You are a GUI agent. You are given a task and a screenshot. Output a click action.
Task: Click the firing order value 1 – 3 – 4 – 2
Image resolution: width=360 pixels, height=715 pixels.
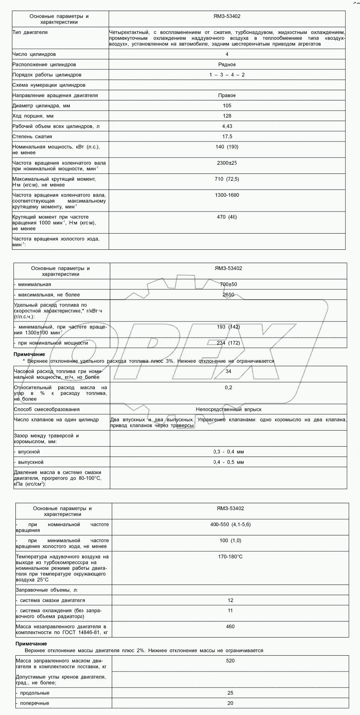227,75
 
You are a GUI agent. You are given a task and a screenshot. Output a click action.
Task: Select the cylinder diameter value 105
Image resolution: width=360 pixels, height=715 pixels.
227,106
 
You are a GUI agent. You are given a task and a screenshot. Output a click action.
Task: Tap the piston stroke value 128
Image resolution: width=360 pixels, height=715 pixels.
227,116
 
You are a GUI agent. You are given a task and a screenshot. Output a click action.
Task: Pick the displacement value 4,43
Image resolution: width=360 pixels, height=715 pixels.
227,126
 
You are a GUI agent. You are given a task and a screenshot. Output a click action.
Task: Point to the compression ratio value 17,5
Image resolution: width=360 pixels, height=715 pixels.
227,136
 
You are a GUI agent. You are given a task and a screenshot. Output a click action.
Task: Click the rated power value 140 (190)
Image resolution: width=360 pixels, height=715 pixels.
227,147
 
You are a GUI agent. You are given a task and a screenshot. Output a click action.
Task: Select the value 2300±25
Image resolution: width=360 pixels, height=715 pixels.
227,163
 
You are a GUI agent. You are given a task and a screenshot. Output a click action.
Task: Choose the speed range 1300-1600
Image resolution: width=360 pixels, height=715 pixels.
227,195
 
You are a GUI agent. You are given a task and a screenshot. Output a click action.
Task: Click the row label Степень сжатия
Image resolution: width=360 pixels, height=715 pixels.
32,136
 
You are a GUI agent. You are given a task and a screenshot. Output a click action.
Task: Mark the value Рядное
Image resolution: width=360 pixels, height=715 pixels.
227,65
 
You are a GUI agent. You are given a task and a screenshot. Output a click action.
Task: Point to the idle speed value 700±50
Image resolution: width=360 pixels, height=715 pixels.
229,284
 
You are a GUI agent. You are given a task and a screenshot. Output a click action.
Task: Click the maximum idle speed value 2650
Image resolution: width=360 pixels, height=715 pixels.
229,295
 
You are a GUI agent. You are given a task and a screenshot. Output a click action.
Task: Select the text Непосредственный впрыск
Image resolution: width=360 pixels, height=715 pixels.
229,409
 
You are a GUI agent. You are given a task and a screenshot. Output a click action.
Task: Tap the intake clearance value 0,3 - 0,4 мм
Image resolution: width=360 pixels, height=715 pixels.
229,452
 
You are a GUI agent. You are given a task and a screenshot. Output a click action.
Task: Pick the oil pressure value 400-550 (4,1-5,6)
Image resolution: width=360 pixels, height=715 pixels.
230,525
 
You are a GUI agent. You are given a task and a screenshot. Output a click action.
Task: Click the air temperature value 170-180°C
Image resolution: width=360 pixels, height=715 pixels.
230,557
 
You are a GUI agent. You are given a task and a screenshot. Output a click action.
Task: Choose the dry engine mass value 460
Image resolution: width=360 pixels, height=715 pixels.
230,627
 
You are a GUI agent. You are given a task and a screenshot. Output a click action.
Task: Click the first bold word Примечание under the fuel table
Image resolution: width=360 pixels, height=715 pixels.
29,354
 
